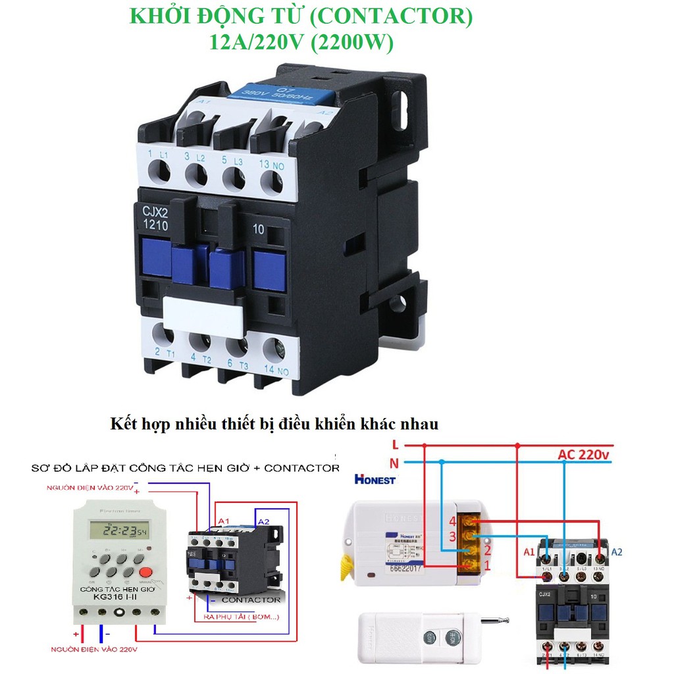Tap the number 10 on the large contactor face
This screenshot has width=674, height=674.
258,230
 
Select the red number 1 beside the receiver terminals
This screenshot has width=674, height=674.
488,565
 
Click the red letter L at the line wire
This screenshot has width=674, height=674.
394,444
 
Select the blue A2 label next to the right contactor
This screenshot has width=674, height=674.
617,552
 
